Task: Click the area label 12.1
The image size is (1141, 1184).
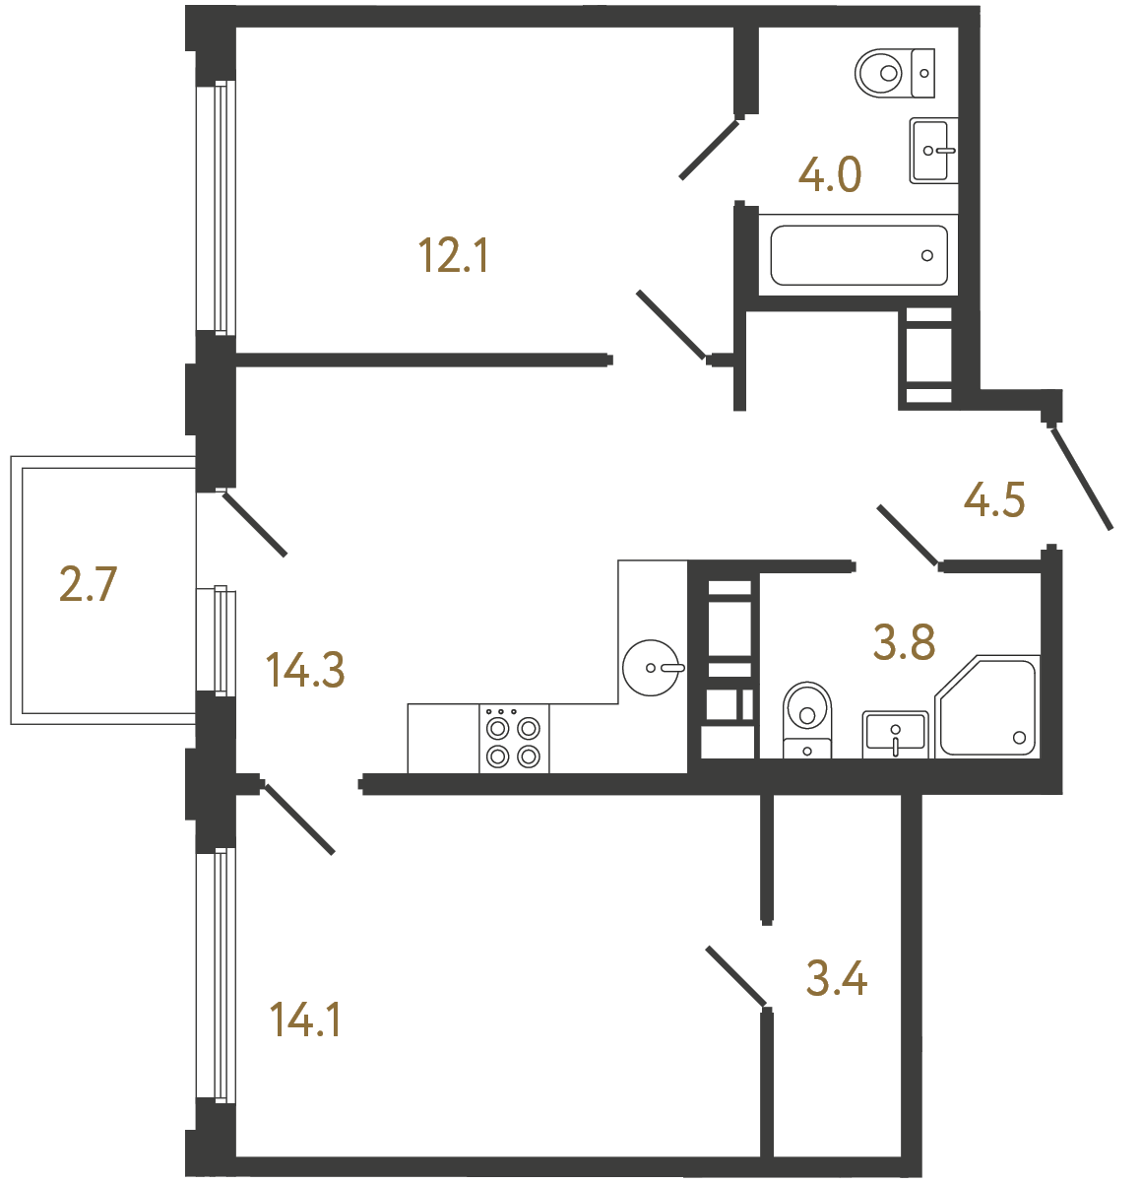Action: click(454, 256)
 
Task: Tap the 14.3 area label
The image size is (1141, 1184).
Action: click(305, 671)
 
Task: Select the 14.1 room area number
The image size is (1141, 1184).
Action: click(305, 1020)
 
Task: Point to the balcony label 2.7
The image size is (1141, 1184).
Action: click(89, 584)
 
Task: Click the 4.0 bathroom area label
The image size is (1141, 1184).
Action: click(830, 175)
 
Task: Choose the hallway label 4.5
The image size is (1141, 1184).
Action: click(994, 500)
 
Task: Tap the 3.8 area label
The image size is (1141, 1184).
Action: click(904, 643)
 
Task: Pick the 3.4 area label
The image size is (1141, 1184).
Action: click(836, 979)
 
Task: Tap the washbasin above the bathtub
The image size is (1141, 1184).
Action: click(930, 151)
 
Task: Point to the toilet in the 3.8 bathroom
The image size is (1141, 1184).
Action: click(807, 719)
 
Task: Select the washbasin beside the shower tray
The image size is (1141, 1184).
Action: click(895, 734)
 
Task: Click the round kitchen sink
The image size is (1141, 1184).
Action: click(652, 668)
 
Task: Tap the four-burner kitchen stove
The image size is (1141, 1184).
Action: click(514, 741)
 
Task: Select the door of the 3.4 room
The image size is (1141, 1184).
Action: click(735, 976)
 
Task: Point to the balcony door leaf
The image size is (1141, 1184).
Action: click(255, 524)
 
